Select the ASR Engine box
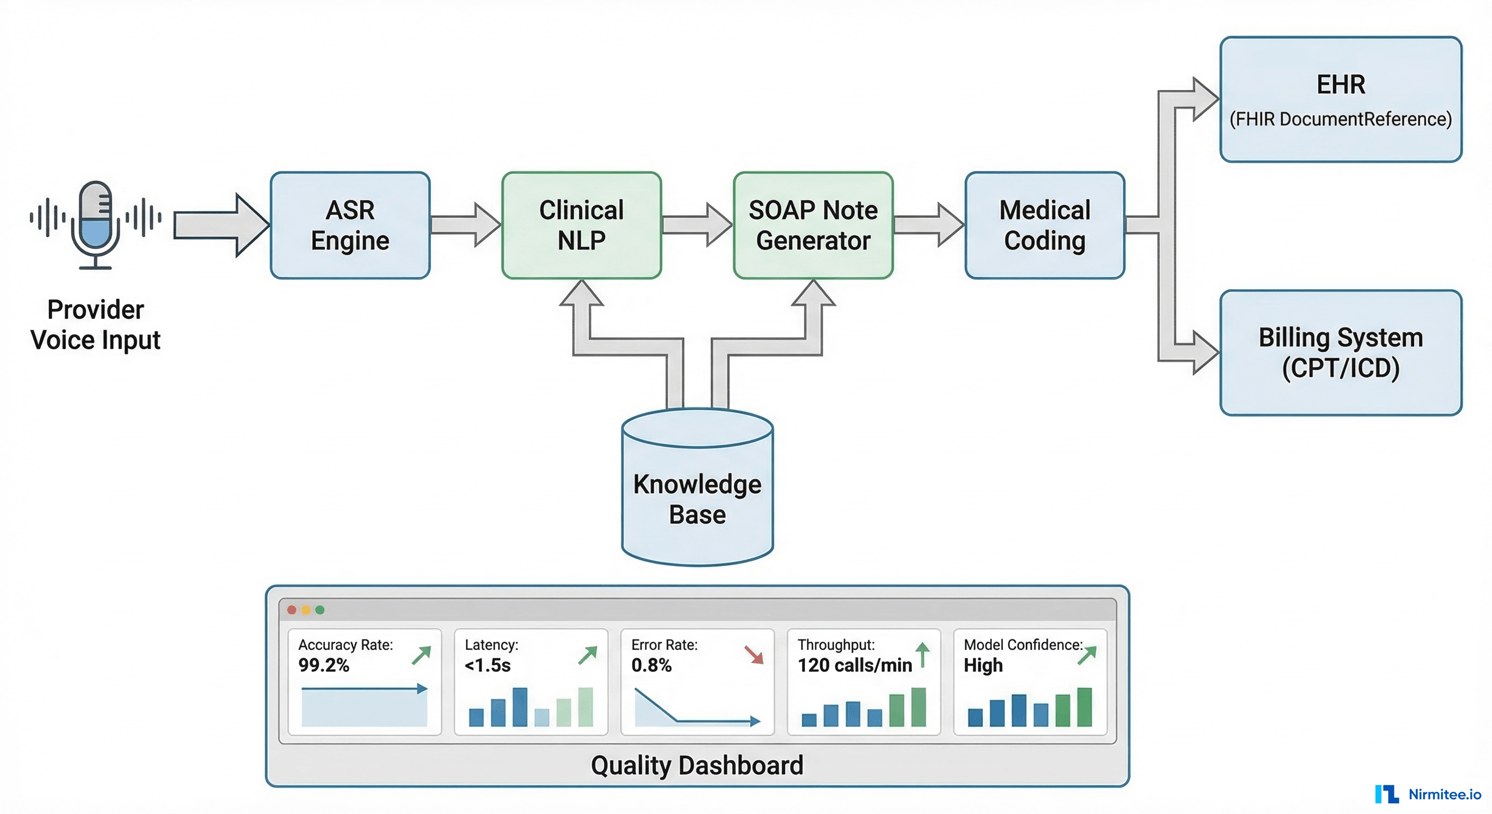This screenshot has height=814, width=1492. tap(350, 225)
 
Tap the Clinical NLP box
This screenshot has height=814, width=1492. tap(582, 225)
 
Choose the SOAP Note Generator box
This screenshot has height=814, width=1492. tap(813, 225)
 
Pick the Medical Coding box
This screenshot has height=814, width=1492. tap(1045, 225)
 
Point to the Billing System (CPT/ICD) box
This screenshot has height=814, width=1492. tap(1341, 353)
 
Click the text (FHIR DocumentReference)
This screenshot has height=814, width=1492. tap(1341, 119)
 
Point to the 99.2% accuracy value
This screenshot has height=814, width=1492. tap(324, 665)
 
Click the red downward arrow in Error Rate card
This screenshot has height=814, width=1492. tap(754, 654)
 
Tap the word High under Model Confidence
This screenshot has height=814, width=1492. tap(983, 665)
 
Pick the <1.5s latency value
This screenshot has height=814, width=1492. tap(487, 665)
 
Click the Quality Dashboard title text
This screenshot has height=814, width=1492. tap(697, 765)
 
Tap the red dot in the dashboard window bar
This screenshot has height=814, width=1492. tap(292, 610)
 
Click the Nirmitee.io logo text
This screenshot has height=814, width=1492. tap(1444, 794)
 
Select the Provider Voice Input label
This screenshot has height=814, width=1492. tap(95, 324)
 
